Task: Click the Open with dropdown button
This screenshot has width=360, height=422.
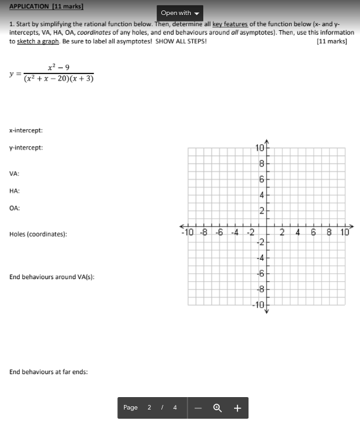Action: [180, 13]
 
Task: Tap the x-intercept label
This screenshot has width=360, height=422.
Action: [26, 130]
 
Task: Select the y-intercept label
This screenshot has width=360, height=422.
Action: [26, 147]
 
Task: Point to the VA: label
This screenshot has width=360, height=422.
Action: [14, 174]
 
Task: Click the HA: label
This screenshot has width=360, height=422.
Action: [14, 191]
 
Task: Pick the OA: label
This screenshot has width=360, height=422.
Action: [14, 208]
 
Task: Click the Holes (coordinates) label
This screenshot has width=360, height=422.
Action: [37, 234]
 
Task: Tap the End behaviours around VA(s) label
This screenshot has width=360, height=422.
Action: [52, 277]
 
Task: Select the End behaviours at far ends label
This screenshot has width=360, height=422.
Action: [49, 372]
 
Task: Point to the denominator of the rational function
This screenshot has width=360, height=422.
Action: [58, 79]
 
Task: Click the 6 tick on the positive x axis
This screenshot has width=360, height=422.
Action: [313, 232]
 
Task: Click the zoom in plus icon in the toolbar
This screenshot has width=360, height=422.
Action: [237, 408]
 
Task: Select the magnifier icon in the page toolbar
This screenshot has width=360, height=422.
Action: [217, 408]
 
